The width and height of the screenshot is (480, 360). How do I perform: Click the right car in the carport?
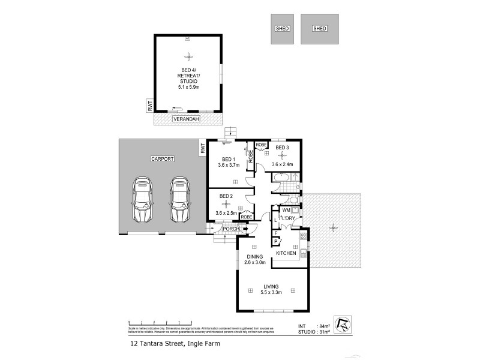click(178, 199)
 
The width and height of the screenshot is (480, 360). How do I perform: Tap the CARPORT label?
click(162, 159)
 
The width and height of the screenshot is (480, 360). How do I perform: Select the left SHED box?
click(282, 29)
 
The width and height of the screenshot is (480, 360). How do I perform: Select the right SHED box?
click(319, 29)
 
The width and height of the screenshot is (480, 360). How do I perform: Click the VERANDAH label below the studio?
click(185, 119)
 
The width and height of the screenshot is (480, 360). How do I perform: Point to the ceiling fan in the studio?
click(188, 57)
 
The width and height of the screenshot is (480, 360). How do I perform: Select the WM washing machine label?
click(286, 210)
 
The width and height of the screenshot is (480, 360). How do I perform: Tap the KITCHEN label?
click(286, 254)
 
